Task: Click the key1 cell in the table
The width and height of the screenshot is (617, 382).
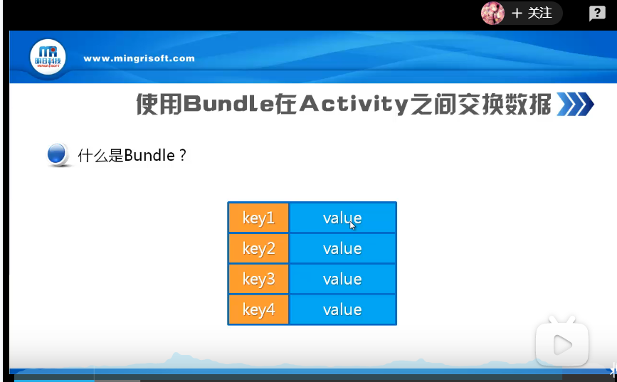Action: (x=258, y=218)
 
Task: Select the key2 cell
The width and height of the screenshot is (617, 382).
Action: (x=258, y=248)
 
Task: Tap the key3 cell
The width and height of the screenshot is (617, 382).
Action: (x=258, y=279)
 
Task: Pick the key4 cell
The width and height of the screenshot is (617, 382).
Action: (x=258, y=309)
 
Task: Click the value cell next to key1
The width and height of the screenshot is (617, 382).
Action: (x=342, y=218)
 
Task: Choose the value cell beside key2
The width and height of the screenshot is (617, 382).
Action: (x=342, y=248)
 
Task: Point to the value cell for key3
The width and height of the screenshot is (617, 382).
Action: (x=342, y=279)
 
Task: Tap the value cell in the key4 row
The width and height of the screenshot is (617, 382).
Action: (x=342, y=309)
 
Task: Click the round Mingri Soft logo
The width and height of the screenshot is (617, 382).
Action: (x=48, y=58)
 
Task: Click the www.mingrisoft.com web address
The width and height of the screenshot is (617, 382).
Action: (x=139, y=58)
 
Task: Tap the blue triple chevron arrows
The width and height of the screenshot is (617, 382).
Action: (x=575, y=104)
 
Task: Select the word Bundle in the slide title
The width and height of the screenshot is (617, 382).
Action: (x=228, y=104)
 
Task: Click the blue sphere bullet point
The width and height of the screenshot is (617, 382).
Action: (x=57, y=154)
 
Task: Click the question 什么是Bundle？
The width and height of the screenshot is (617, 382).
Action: (x=132, y=155)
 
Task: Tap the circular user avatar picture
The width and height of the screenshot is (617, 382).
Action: (x=492, y=13)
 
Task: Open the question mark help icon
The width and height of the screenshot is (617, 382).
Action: (x=597, y=14)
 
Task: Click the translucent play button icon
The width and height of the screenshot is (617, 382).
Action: (x=562, y=344)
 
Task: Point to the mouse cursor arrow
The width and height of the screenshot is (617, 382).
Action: (x=352, y=226)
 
